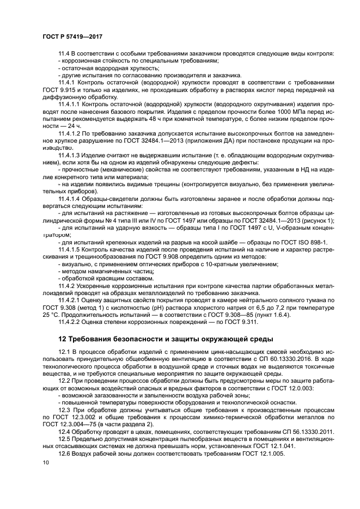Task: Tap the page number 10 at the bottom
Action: (46, 462)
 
